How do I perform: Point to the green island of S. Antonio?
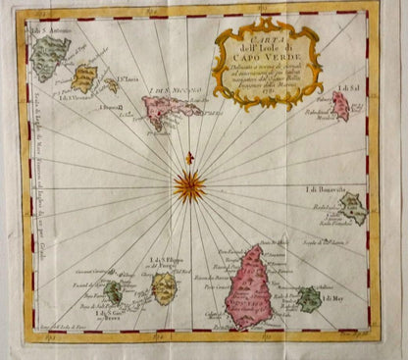pos(48,57)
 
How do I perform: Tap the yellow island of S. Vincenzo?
pos(85,77)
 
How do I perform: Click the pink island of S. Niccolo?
pos(169,110)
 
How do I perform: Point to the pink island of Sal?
pos(339,106)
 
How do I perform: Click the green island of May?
pos(310,297)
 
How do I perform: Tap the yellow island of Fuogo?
pos(164,288)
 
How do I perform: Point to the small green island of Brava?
pos(115,292)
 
